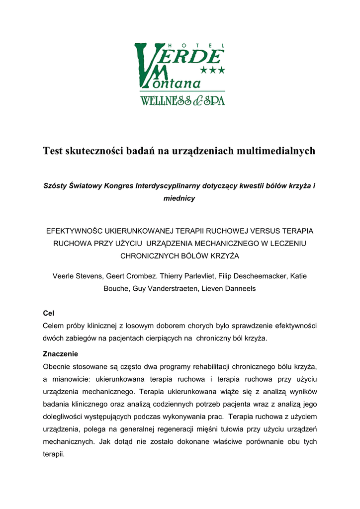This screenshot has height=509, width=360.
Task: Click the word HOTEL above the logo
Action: point(182,45)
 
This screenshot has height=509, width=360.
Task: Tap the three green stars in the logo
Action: point(212,71)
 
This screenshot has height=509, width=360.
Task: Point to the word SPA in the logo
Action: point(215,101)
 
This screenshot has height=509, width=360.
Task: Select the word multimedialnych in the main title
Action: point(275,151)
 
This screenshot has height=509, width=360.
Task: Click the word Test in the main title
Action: point(53,151)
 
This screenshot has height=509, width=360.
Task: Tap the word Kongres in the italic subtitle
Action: point(117,186)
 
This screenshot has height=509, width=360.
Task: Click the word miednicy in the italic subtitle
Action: point(180,198)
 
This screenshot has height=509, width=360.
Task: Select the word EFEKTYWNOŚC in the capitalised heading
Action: point(74,231)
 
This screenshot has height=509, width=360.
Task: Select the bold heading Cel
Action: point(49,314)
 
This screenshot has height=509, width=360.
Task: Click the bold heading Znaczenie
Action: point(61,354)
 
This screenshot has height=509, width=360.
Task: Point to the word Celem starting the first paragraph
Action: point(54,326)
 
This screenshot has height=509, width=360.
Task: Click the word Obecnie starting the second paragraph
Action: point(58,367)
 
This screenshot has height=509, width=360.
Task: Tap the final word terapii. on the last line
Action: point(54,454)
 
